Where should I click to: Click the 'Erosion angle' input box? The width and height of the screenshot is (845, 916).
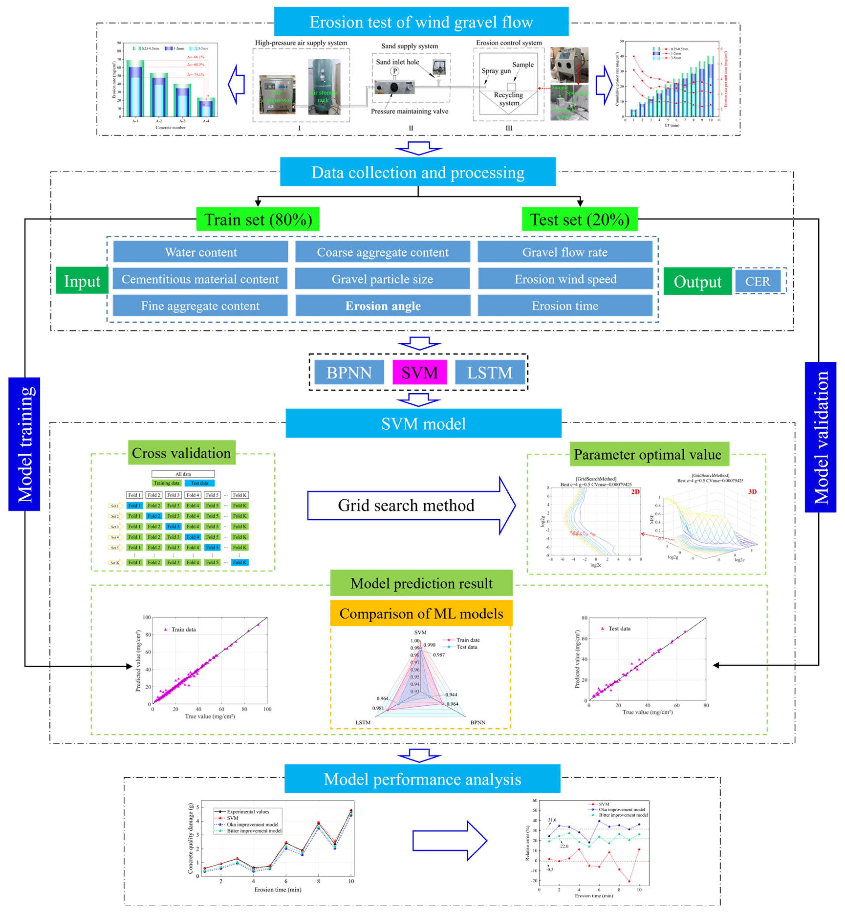pyautogui.click(x=383, y=306)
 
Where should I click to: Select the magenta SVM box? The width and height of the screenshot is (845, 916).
pyautogui.click(x=419, y=372)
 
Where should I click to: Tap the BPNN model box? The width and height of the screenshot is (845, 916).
pyautogui.click(x=349, y=372)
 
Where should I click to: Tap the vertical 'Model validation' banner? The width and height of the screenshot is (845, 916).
pyautogui.click(x=820, y=437)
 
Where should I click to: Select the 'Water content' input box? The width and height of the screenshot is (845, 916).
pyautogui.click(x=201, y=252)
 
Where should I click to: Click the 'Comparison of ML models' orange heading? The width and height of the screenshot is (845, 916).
pyautogui.click(x=421, y=613)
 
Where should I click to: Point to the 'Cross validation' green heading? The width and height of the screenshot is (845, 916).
pyautogui.click(x=182, y=453)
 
